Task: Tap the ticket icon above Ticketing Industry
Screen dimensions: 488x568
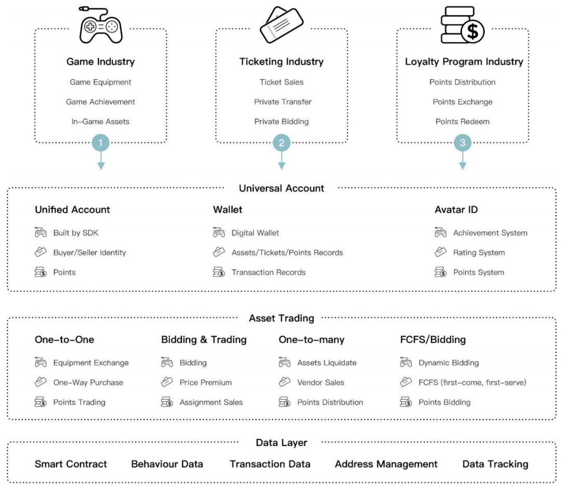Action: coord(281,25)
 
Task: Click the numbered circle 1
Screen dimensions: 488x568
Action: coord(101,143)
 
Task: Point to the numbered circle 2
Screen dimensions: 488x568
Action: coord(281,143)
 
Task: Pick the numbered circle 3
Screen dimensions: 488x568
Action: coord(463,143)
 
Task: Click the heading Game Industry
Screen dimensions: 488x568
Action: coord(100,62)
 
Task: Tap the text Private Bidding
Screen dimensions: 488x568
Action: coord(281,121)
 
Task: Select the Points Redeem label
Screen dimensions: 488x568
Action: coord(462,121)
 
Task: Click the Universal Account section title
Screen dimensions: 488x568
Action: coord(281,188)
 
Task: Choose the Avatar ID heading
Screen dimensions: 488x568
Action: coord(456,210)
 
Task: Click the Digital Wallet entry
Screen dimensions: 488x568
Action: coord(255,233)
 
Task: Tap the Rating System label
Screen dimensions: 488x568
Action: coord(479,253)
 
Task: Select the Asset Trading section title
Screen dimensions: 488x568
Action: coord(281,318)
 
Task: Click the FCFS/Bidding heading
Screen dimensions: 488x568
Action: coord(433,340)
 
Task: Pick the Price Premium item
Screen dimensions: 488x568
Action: coord(206,382)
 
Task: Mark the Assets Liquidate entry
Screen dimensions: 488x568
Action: coord(327,362)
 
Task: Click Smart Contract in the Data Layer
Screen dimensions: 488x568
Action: coord(71,464)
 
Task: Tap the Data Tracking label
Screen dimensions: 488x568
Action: coord(495,464)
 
